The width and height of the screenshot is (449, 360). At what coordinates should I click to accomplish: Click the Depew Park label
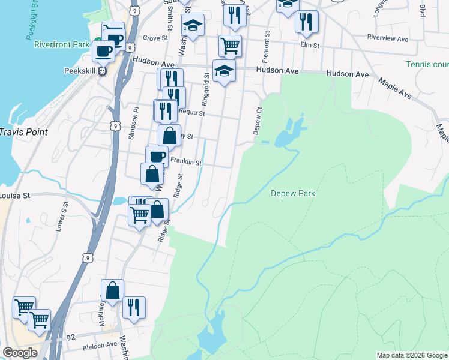click(293, 193)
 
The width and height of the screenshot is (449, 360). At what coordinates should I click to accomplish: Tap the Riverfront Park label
click(62, 44)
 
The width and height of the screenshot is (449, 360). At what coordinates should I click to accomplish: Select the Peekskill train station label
click(80, 70)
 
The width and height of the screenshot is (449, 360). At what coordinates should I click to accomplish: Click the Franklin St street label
click(185, 161)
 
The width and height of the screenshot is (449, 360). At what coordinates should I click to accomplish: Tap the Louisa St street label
click(17, 195)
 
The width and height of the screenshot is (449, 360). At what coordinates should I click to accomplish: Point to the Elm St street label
click(309, 45)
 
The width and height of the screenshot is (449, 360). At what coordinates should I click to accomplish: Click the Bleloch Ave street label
click(100, 345)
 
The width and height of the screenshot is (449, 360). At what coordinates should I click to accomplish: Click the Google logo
click(20, 353)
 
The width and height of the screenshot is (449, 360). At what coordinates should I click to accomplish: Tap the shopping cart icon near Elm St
click(230, 45)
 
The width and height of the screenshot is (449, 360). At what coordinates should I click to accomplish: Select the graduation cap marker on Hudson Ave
click(224, 70)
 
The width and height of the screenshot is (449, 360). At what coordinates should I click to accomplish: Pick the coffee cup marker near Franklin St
click(157, 157)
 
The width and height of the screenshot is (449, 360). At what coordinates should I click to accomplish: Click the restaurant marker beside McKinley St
click(134, 307)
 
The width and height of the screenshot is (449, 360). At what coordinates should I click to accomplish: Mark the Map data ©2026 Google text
click(411, 355)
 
